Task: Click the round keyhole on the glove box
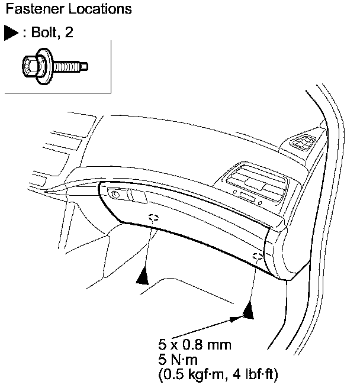click(x=115, y=194)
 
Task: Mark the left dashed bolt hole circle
click(x=153, y=217)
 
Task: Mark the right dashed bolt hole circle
click(x=256, y=257)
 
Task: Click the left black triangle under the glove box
click(x=143, y=275)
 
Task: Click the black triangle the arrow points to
click(x=249, y=311)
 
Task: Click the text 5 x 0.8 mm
click(x=194, y=345)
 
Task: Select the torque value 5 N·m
click(x=178, y=360)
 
